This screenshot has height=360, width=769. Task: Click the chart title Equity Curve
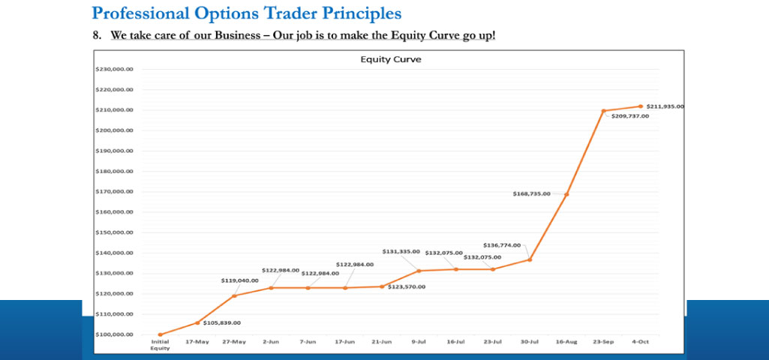(x=390, y=60)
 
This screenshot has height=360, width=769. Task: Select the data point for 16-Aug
(x=566, y=194)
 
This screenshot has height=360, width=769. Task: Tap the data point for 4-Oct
(x=640, y=106)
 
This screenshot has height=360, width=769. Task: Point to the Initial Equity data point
(x=160, y=334)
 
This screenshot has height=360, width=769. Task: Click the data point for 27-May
(x=234, y=295)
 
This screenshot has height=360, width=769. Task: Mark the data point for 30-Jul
(x=530, y=259)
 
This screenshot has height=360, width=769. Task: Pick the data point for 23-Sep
(x=603, y=111)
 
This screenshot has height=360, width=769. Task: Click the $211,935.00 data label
(x=665, y=106)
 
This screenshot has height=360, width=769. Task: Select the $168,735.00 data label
(x=531, y=193)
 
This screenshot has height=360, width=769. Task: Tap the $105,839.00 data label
(x=221, y=322)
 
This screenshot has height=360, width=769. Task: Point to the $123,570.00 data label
(x=407, y=286)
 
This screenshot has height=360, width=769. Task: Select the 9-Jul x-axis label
(x=419, y=342)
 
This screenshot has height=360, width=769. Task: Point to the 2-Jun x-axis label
(x=271, y=342)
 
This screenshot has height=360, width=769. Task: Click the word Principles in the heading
(x=350, y=13)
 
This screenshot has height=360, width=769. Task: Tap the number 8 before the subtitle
(x=95, y=35)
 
